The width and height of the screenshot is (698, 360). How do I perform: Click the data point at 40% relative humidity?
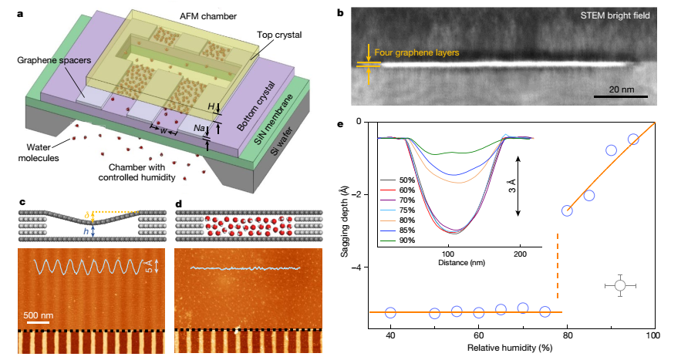pyautogui.click(x=390, y=312)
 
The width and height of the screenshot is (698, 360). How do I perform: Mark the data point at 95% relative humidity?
pyautogui.click(x=633, y=140)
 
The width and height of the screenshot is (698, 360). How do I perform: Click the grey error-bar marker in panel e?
pyautogui.click(x=620, y=285)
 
